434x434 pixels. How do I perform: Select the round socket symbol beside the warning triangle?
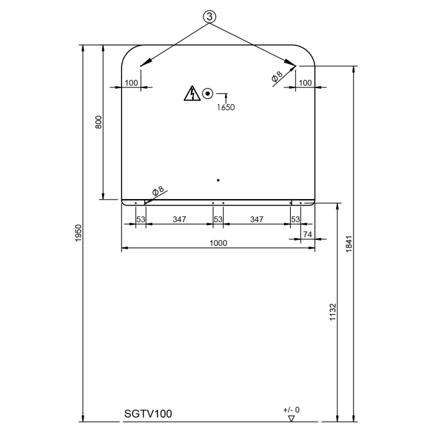[208, 94]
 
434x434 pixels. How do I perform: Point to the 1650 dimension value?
[226, 107]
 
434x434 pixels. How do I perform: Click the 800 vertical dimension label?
[98, 122]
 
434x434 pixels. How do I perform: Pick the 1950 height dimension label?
[78, 232]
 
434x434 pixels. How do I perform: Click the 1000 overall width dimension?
[218, 243]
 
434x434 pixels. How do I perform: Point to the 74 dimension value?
[308, 234]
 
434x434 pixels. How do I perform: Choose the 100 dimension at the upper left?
[131, 82]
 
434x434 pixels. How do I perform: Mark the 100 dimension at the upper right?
[305, 82]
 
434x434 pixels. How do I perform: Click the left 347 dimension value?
[180, 219]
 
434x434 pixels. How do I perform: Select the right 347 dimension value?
[257, 219]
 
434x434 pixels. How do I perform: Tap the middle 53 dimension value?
[218, 219]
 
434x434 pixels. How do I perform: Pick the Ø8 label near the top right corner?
[277, 76]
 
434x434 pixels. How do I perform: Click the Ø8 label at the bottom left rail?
[157, 190]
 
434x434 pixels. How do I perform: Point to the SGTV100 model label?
[148, 413]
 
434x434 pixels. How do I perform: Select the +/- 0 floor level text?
[291, 410]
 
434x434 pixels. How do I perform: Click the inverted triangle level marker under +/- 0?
[291, 419]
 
